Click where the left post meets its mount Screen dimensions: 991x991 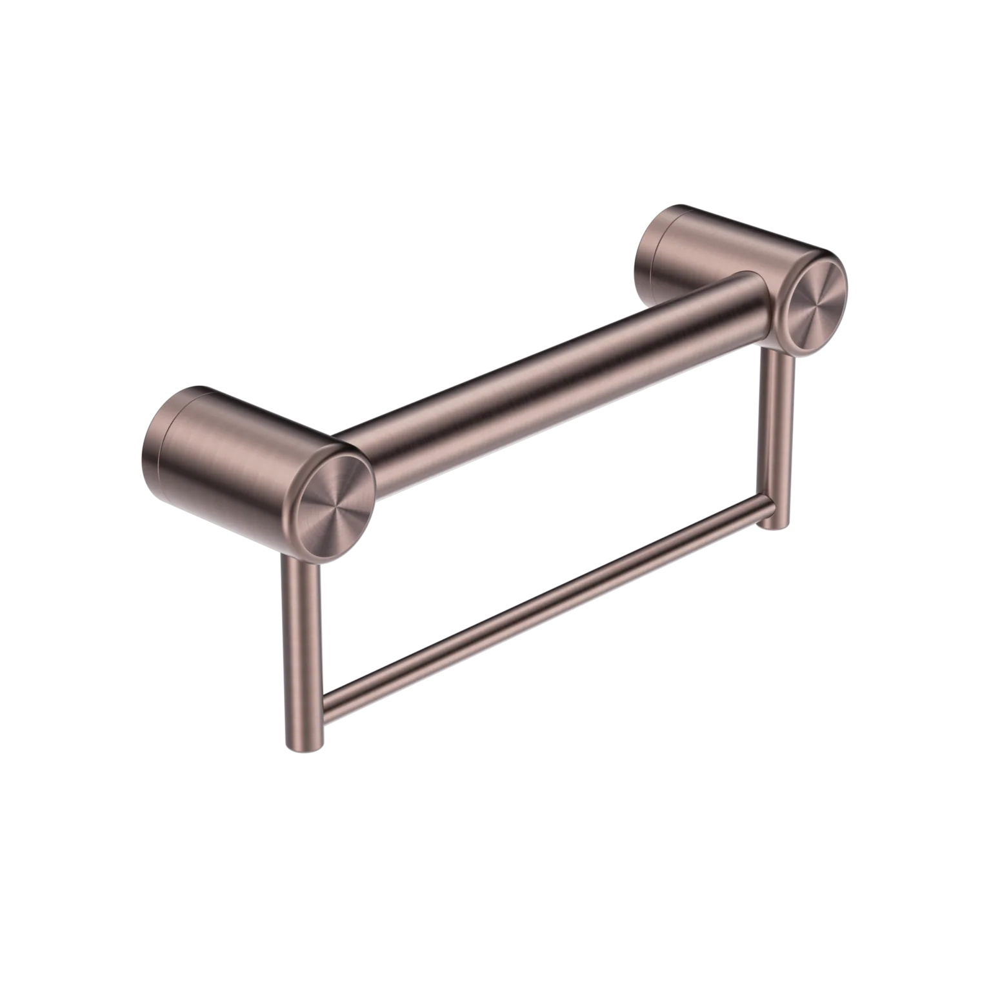[x=298, y=560]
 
